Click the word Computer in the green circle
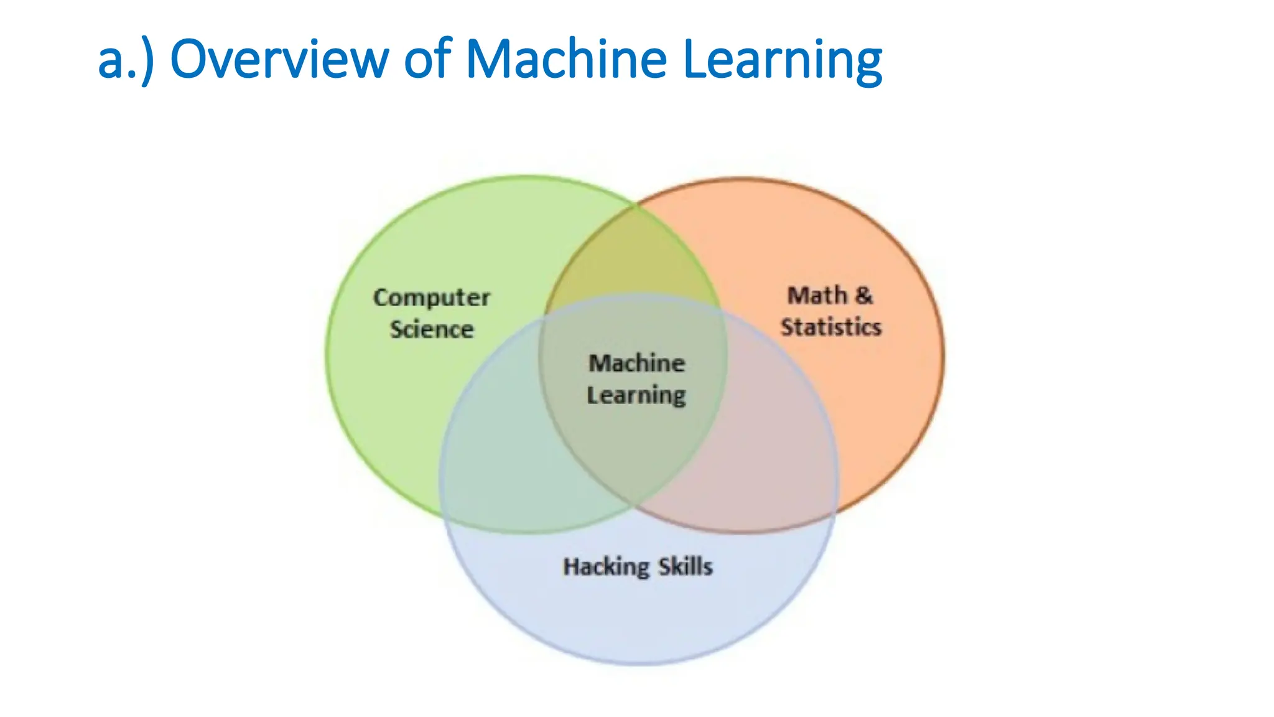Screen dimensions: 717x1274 431,298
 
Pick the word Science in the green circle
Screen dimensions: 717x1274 431,329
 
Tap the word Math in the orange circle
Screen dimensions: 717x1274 816,295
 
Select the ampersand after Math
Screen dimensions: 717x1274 863,295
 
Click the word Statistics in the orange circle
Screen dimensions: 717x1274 831,327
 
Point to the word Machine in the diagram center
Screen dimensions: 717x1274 636,363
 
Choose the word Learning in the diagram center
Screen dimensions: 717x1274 636,395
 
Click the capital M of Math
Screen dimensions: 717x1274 798,295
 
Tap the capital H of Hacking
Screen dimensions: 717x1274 571,566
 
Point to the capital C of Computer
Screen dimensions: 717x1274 381,298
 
